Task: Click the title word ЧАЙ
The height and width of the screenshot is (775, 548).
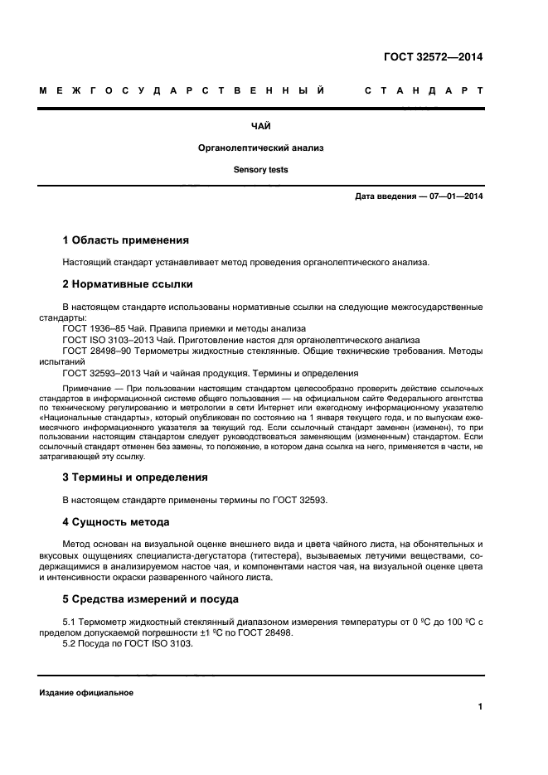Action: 260,126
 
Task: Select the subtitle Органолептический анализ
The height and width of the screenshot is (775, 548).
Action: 260,148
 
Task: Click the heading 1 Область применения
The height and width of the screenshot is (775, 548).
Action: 126,240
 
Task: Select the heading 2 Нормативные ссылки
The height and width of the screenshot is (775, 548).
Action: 128,284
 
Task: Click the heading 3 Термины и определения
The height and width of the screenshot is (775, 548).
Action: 135,477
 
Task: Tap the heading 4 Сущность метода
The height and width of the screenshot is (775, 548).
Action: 116,521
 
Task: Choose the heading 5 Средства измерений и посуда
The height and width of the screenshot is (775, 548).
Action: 151,598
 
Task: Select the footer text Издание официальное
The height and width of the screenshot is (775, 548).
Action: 85,692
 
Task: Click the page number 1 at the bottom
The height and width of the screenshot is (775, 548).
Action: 480,706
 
